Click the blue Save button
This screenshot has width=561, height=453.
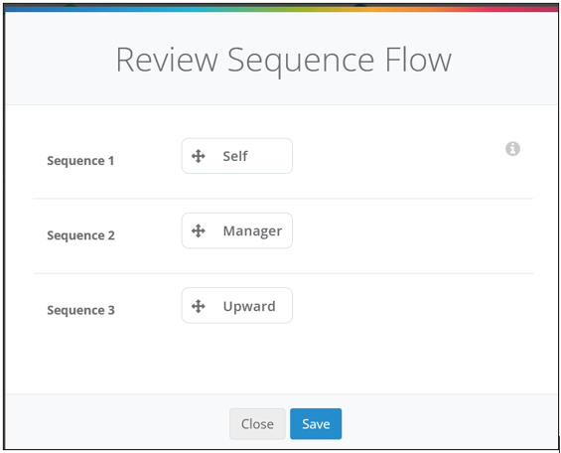pos(316,423)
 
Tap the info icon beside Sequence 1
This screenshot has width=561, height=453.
pos(512,148)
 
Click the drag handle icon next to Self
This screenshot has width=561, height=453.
pos(199,156)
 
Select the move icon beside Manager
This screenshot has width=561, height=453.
pos(199,230)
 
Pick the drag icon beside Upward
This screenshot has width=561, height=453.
pos(199,306)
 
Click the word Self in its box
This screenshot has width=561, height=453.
pos(235,156)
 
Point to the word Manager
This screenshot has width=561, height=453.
pos(252,231)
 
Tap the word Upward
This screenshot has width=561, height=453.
pos(249,306)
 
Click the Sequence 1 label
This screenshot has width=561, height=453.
pos(80,161)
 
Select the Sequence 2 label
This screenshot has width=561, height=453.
pos(80,235)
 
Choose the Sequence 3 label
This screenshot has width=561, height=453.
pos(80,310)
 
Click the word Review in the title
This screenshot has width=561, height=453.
pos(167,60)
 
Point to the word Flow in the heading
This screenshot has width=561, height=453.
pos(418,60)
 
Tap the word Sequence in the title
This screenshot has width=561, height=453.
pos(301,63)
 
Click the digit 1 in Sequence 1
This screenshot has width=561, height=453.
pos(111,161)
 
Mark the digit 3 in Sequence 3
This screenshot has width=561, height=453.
pos(111,310)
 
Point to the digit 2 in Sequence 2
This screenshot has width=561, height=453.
pos(111,235)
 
